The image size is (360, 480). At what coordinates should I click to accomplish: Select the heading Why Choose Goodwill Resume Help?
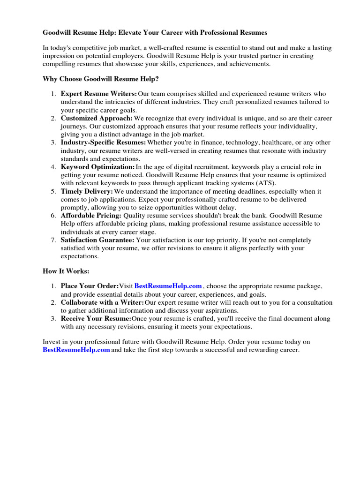point(104,79)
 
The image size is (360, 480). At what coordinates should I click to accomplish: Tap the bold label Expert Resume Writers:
point(99,94)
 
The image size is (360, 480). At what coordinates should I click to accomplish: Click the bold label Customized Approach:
point(97,118)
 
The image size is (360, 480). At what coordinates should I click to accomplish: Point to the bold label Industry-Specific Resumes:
point(103,142)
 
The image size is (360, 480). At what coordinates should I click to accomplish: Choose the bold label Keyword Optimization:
point(97,167)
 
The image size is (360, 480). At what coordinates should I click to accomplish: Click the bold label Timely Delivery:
point(87,191)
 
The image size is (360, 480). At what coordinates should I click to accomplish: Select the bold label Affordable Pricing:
point(91,216)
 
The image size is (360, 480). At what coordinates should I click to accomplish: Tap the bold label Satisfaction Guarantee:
point(97,240)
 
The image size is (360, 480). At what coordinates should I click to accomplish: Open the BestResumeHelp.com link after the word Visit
point(168,286)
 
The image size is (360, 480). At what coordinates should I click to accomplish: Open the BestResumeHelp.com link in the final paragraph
point(76,350)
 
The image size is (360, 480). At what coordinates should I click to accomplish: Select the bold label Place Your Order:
point(90,286)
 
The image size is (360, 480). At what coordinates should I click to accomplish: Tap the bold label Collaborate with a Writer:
point(102,302)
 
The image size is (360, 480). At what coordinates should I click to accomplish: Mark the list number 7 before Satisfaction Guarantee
point(53,240)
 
